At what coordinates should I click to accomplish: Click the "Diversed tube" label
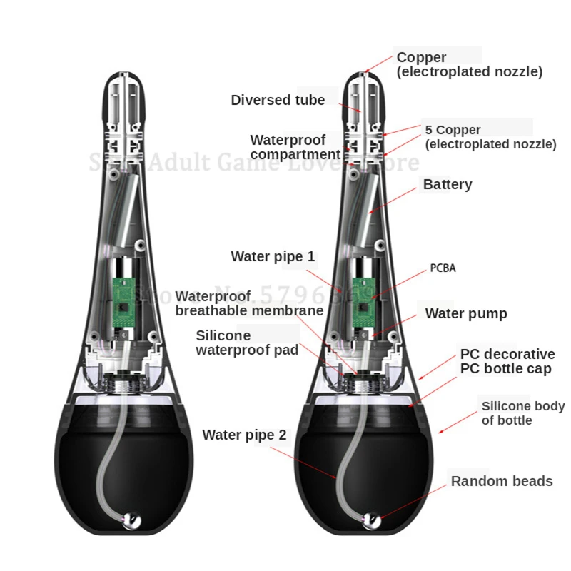(x=278, y=101)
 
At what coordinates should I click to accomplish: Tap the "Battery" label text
(x=448, y=185)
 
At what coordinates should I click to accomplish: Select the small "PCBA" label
(x=443, y=268)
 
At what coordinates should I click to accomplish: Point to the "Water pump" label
(x=466, y=313)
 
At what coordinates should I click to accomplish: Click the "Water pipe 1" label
(x=273, y=256)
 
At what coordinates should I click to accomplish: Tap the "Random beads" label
(x=501, y=481)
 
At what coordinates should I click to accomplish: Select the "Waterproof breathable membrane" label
(x=249, y=303)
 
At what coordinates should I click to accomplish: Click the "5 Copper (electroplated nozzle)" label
(x=490, y=137)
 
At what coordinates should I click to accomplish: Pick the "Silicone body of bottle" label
(x=522, y=413)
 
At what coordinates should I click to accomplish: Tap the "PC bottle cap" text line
(x=505, y=369)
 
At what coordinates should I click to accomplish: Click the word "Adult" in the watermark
(x=159, y=163)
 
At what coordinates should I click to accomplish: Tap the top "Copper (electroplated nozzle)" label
(x=469, y=64)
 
